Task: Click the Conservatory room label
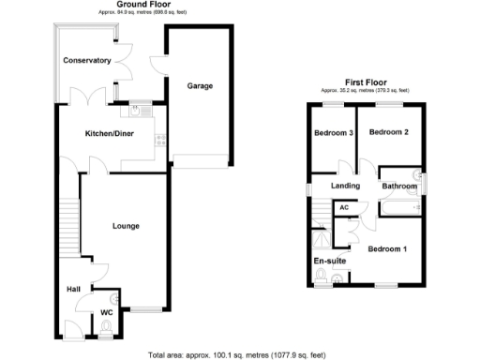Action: pyautogui.click(x=87, y=61)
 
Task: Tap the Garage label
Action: pyautogui.click(x=200, y=86)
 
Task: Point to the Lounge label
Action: pyautogui.click(x=126, y=226)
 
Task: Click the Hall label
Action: pyautogui.click(x=73, y=289)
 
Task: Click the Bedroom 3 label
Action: pyautogui.click(x=333, y=133)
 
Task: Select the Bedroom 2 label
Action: pyautogui.click(x=388, y=133)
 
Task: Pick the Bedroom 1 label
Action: pyautogui.click(x=388, y=249)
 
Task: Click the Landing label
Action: pyautogui.click(x=347, y=186)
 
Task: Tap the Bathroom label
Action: pyautogui.click(x=398, y=186)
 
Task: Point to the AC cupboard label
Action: pyautogui.click(x=344, y=207)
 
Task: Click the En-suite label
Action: pyautogui.click(x=328, y=261)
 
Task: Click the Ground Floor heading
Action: pyautogui.click(x=142, y=5)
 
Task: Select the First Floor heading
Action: pyautogui.click(x=367, y=82)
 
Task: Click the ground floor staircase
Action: pyautogui.click(x=67, y=230)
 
